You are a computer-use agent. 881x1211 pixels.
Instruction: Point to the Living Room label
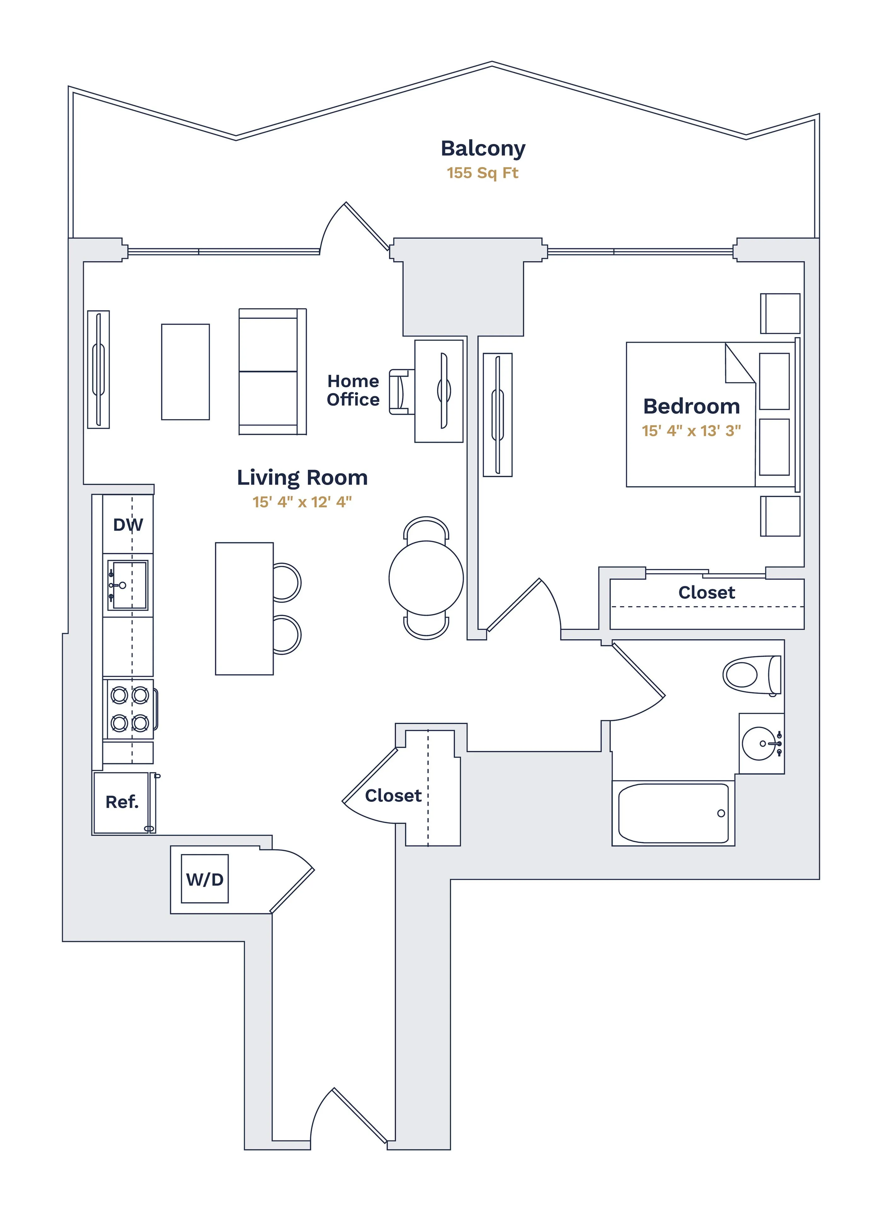click(302, 477)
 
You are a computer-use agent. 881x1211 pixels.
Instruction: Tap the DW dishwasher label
click(128, 525)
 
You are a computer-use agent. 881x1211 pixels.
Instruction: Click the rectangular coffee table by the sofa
click(185, 371)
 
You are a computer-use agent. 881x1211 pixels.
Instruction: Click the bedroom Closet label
click(706, 592)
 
